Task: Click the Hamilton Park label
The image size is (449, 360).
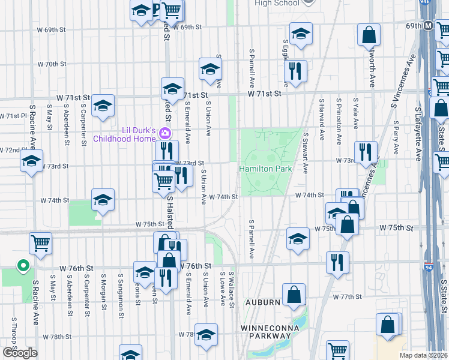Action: [265, 169]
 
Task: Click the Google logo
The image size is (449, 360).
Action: [20, 353]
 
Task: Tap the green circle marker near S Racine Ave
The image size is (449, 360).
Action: [22, 265]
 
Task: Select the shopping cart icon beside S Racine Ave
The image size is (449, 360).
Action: [40, 243]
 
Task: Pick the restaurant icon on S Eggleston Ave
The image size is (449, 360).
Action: [295, 70]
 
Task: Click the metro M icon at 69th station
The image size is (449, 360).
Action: [429, 26]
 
